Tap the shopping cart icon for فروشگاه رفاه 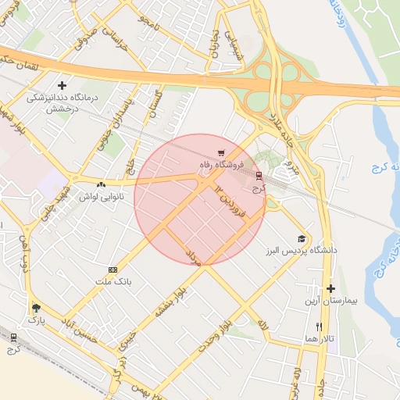point(223,152)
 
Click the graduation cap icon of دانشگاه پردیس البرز point(302,238)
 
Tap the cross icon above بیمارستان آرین point(330,288)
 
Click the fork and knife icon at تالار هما point(319,326)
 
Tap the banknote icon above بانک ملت point(113,269)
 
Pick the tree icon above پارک point(36,308)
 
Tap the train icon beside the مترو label point(259,176)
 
